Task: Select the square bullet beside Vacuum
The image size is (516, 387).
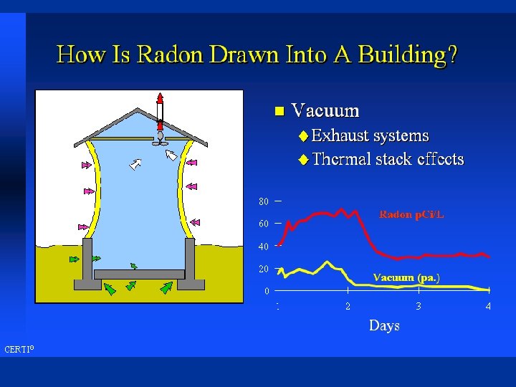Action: tap(279, 111)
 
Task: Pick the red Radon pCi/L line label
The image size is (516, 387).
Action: tap(411, 214)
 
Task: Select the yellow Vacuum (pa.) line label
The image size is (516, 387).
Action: tap(406, 277)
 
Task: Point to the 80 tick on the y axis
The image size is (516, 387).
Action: tap(264, 201)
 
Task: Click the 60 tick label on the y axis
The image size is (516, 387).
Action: tap(264, 224)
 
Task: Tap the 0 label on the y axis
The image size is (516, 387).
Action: tap(267, 291)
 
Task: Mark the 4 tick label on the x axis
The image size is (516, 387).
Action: tap(488, 306)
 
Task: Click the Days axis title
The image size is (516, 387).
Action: tap(384, 325)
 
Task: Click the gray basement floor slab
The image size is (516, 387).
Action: tap(139, 274)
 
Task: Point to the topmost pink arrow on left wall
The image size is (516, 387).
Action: tap(87, 165)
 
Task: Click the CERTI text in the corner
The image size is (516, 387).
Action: tap(18, 350)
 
